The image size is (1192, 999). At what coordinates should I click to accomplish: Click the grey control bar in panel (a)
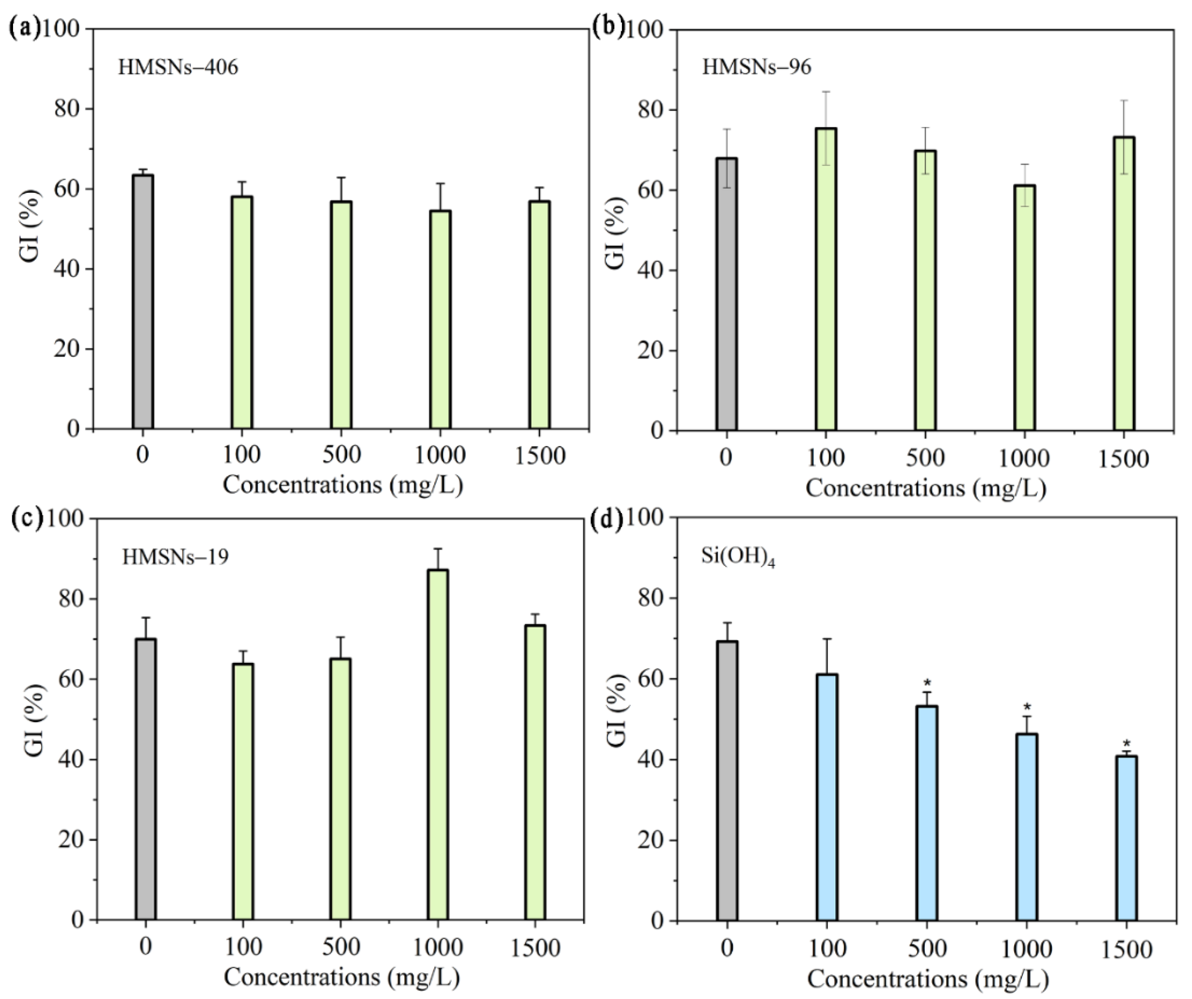[x=143, y=302]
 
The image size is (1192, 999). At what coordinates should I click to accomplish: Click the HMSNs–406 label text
[x=178, y=68]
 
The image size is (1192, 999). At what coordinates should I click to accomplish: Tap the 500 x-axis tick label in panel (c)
[x=340, y=948]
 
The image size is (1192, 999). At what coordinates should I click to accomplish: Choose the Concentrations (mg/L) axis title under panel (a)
[x=342, y=485]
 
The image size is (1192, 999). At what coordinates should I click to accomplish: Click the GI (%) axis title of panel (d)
[x=616, y=719]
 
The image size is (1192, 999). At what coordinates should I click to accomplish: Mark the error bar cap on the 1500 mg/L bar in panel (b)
[x=1124, y=101]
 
